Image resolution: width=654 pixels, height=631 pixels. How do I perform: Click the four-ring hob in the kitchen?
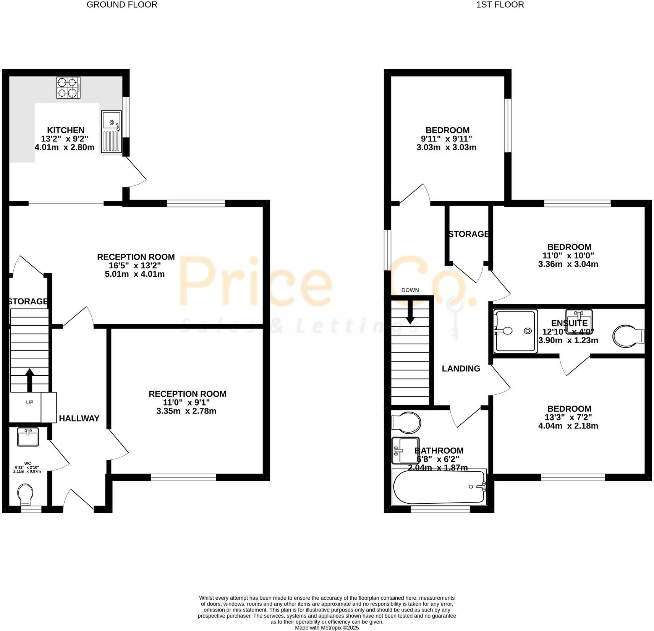pyautogui.click(x=69, y=88)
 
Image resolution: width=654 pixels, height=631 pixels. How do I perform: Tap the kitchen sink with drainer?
pyautogui.click(x=111, y=132)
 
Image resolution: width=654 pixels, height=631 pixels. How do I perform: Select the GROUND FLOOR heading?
pyautogui.click(x=122, y=5)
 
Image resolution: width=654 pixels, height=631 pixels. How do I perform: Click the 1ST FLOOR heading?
pyautogui.click(x=500, y=5)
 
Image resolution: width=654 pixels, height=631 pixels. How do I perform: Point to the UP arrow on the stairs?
pyautogui.click(x=29, y=379)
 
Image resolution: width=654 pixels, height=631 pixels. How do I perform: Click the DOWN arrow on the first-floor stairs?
pyautogui.click(x=410, y=311)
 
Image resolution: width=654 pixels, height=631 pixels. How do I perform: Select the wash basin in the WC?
pyautogui.click(x=28, y=437)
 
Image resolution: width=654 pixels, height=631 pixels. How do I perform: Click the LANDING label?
pyautogui.click(x=461, y=368)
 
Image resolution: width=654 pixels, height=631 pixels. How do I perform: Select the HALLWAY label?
pyautogui.click(x=79, y=419)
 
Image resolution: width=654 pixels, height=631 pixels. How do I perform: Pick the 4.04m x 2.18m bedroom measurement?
pyautogui.click(x=568, y=426)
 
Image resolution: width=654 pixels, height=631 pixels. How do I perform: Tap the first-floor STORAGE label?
pyautogui.click(x=468, y=234)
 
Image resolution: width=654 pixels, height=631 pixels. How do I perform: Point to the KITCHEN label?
pyautogui.click(x=66, y=130)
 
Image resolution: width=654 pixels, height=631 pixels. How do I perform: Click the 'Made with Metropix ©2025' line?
pyautogui.click(x=327, y=628)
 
